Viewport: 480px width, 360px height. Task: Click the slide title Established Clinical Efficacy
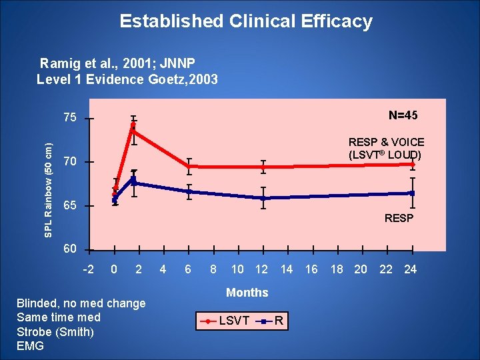coord(245,21)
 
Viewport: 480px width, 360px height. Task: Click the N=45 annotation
coord(403,115)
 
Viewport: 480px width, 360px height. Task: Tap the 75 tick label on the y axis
coord(70,118)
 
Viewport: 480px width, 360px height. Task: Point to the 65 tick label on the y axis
coord(70,206)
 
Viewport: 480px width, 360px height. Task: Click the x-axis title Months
coord(247,293)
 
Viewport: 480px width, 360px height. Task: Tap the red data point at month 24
coord(413,164)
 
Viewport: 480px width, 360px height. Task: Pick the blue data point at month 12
coord(263,198)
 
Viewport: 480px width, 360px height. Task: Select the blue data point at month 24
coord(413,193)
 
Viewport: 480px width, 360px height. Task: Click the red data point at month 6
coord(189,166)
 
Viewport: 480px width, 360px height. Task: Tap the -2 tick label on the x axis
coord(88,269)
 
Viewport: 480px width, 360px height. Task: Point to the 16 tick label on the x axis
coord(311,269)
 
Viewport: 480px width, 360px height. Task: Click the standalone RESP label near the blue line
coord(399,219)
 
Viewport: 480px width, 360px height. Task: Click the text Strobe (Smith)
coord(55,331)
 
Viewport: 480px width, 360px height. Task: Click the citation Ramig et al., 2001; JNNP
coord(116,64)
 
